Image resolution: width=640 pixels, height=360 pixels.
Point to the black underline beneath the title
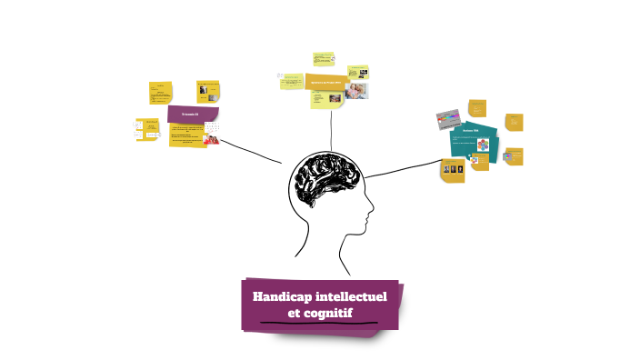tap(317, 323)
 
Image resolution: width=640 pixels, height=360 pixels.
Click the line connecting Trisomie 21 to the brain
tap(250, 150)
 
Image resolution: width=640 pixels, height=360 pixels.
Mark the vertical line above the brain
tap(331, 127)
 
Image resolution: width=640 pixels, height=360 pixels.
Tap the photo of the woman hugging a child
tap(357, 91)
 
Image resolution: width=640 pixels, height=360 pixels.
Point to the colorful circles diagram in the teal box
tap(481, 146)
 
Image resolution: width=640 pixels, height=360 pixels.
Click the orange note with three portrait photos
tap(453, 169)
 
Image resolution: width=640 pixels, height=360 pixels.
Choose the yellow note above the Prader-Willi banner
tap(324, 60)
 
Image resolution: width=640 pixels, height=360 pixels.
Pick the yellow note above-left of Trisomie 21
tap(162, 92)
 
